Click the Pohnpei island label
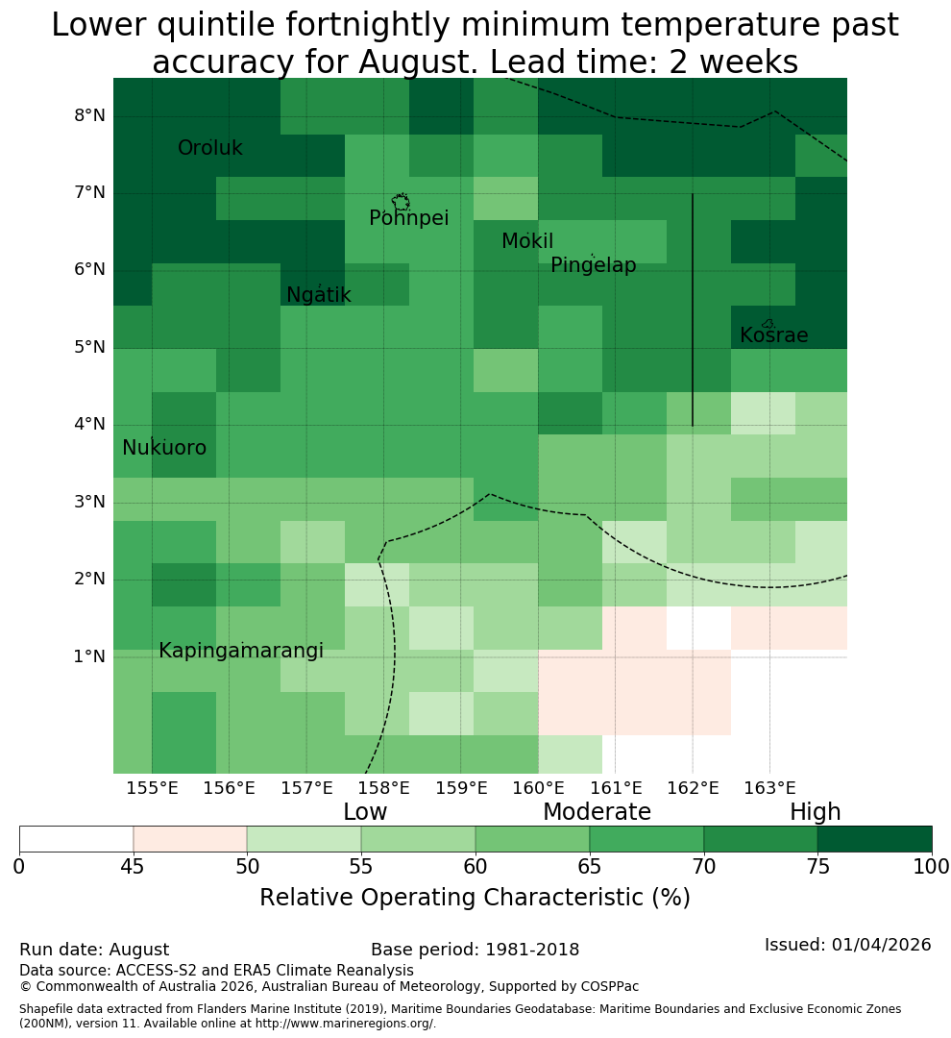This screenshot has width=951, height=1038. click(x=408, y=218)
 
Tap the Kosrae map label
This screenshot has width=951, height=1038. click(x=773, y=335)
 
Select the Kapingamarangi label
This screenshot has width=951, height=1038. click(x=241, y=651)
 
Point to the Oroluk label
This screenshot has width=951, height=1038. click(x=209, y=148)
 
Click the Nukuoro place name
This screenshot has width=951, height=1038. click(x=164, y=448)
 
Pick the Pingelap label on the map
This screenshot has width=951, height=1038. click(x=593, y=265)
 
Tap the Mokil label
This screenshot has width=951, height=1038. click(x=526, y=241)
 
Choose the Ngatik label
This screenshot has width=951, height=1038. click(x=318, y=295)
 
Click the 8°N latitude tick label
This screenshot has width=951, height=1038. click(x=89, y=116)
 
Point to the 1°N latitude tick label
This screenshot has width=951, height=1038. click(x=89, y=656)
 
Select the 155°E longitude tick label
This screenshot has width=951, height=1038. click(x=152, y=788)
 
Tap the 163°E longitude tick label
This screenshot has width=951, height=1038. click(x=769, y=788)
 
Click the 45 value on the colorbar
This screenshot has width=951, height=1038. click(x=133, y=867)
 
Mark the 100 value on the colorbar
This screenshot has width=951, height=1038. click(x=932, y=867)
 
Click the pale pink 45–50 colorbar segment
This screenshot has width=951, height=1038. click(x=190, y=839)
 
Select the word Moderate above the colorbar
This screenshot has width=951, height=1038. click(x=597, y=811)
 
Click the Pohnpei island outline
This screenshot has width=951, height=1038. click(x=401, y=202)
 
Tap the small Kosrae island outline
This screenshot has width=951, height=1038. click(x=768, y=324)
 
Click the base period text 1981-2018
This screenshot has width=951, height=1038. click(x=532, y=950)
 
